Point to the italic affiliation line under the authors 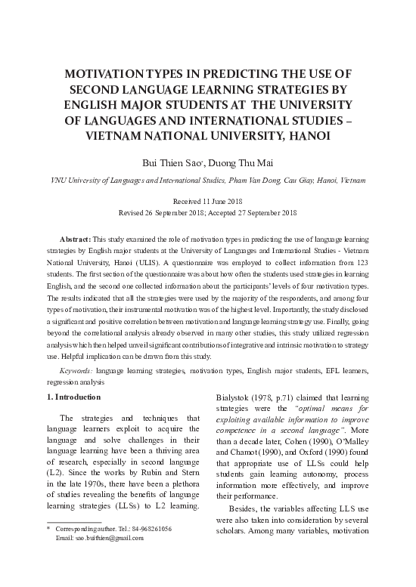(x=208, y=182)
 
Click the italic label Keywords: (x=76, y=372)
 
